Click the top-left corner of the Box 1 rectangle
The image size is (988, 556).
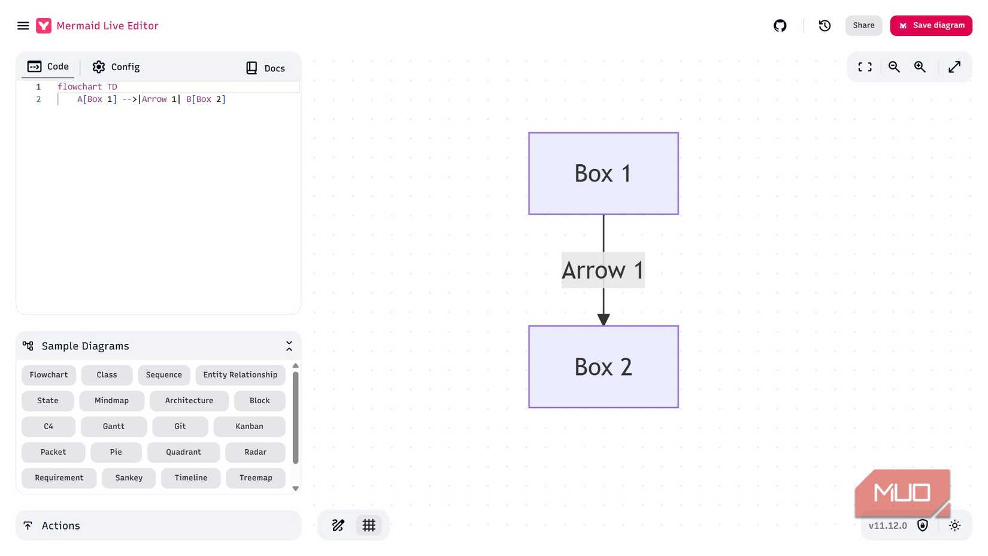[x=529, y=133]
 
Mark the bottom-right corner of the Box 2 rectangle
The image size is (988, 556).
[x=678, y=407]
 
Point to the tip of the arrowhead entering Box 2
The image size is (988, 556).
[x=604, y=326]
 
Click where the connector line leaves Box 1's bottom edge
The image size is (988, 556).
[x=604, y=214]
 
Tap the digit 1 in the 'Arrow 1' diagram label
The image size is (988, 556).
[x=638, y=270]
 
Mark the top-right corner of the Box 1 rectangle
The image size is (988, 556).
[x=678, y=133]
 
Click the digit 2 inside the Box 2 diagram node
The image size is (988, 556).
[x=626, y=367]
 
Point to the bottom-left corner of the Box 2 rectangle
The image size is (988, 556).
[x=529, y=407]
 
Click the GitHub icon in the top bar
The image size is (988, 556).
[x=780, y=26]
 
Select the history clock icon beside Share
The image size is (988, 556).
[x=825, y=26]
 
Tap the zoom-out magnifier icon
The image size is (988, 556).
[x=894, y=67]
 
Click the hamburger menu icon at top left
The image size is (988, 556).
[x=23, y=26]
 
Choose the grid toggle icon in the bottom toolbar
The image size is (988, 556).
[x=369, y=525]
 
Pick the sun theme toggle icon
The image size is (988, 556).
[x=954, y=525]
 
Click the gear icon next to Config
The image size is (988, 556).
[x=98, y=67]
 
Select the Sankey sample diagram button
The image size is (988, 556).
[x=129, y=478]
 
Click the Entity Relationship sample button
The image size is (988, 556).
[x=240, y=375]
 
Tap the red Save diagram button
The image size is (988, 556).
[x=931, y=26]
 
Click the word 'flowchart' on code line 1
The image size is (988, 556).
[x=80, y=86]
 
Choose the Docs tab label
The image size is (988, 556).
[x=274, y=68]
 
